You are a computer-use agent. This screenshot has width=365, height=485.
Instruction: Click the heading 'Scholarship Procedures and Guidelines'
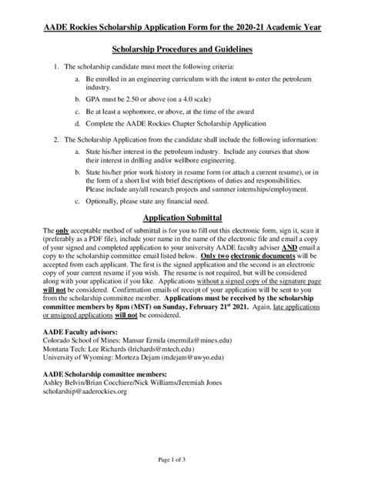tap(182, 50)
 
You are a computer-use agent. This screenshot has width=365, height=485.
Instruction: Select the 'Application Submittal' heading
tap(182, 218)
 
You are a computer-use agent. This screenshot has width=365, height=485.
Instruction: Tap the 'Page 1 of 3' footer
tap(182, 460)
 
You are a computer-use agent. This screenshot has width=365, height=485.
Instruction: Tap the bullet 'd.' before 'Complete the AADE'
tap(77, 123)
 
